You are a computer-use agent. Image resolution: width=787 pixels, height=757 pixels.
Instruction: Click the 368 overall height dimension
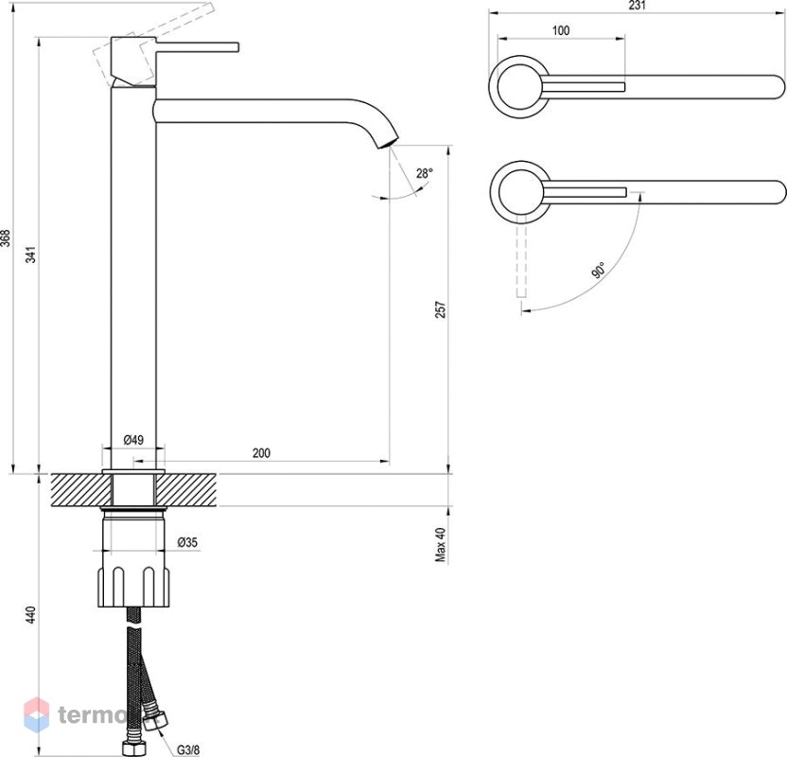pos(6,238)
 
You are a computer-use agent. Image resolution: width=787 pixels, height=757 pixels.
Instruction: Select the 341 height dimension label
pos(31,255)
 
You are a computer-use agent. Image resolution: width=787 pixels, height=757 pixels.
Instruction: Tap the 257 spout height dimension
pos(440,309)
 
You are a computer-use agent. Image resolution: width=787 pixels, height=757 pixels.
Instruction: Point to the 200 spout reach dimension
pos(261,453)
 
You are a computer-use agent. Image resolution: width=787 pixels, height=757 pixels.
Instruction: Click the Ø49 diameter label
pos(133,440)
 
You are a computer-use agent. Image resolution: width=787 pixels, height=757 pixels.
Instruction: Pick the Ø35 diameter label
pos(187,542)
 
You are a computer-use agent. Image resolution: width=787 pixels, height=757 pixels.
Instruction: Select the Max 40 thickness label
pos(440,545)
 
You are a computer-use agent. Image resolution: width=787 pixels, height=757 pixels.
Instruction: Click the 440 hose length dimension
pos(31,614)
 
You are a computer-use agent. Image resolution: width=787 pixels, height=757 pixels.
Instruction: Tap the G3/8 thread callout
pos(188,750)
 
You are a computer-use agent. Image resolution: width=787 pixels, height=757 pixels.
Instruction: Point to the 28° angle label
pos(424,174)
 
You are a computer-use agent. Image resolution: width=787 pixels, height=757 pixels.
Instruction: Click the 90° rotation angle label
pos(599,270)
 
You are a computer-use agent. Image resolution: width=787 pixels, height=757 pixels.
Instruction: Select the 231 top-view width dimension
pos(637,6)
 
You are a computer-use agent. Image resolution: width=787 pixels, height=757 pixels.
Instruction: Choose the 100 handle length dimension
pos(561,30)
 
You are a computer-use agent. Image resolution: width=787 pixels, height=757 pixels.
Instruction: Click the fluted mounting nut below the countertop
pos(133,587)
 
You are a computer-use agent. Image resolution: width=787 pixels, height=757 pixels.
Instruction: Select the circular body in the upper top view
pos(519,87)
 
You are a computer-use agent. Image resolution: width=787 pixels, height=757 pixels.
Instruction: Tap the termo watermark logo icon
pos(37,714)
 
